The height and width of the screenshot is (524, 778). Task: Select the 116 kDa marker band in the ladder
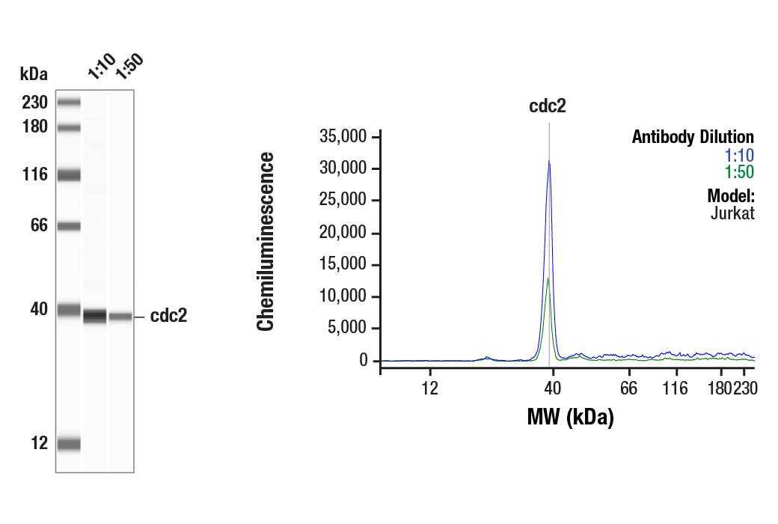coord(69,175)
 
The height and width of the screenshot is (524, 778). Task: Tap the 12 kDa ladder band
coord(69,444)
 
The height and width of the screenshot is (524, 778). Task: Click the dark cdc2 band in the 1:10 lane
coord(94,316)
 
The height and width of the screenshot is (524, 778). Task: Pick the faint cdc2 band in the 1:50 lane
coord(120,317)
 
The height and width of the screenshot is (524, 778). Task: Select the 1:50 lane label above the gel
coord(128,66)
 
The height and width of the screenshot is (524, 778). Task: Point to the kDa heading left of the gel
coord(34,74)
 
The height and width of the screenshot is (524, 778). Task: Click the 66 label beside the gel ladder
coord(39,225)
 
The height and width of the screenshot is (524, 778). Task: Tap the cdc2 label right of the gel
coord(168,316)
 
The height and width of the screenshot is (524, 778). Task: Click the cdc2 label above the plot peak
coord(548,106)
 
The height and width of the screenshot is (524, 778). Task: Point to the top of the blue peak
coord(549,162)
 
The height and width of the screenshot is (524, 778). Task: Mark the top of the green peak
coord(548,278)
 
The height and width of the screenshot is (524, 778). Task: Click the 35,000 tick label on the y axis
coord(343,137)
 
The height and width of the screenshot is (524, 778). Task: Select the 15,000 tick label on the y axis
coord(343,265)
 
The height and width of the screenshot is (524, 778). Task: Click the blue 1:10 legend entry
coord(739,155)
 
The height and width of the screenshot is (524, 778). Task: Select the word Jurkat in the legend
coord(732,213)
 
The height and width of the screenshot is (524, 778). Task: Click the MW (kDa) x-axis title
coord(570,417)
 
